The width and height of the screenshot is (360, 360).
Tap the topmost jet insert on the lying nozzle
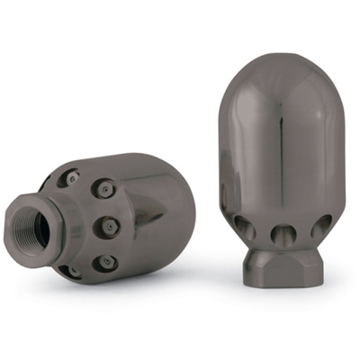point(71,178)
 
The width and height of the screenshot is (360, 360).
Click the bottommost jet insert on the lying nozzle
point(70,271)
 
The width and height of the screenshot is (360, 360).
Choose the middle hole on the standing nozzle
point(281,236)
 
